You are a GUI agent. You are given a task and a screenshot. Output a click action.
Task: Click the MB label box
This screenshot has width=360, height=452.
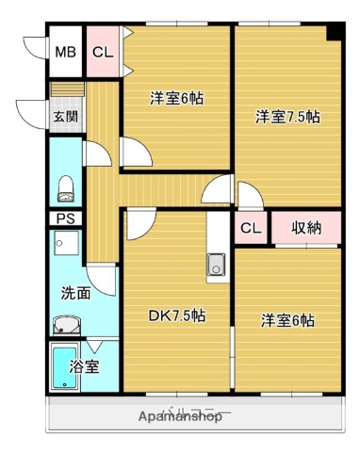65,53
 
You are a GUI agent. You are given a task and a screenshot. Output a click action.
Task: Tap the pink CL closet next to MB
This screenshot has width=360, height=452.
103,53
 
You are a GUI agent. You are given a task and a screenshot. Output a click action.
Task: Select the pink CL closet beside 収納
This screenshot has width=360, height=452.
251,228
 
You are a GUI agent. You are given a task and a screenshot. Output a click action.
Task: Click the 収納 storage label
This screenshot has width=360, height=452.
305,228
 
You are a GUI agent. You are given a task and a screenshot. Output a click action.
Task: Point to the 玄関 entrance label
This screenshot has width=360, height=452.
64,118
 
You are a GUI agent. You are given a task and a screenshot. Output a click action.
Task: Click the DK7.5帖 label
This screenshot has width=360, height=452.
176,316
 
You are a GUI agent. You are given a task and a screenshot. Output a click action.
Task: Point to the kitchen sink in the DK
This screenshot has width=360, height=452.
216,266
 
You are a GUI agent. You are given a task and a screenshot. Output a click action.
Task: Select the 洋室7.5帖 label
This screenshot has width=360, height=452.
287,118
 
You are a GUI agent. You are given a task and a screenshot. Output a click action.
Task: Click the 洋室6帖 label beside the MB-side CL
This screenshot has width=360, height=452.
177,97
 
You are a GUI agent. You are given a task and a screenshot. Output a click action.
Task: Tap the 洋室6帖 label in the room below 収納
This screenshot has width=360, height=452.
287,320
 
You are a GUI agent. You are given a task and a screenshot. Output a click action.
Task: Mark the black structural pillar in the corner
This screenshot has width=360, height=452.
334,33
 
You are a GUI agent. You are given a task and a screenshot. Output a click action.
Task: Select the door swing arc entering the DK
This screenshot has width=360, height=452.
138,223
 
